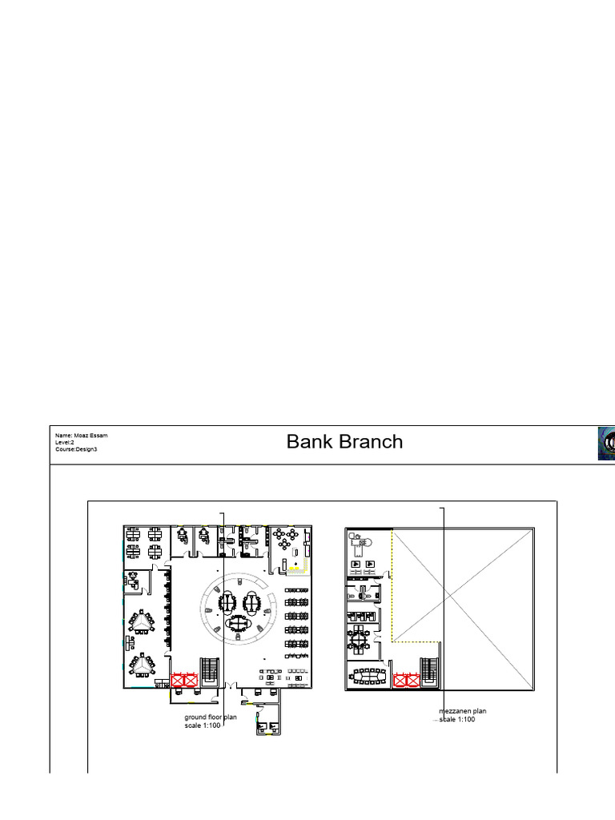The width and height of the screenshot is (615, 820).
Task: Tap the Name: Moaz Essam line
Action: [81, 436]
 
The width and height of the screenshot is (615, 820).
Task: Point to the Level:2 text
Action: [65, 442]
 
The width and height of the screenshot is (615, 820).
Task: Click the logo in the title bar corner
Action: [606, 443]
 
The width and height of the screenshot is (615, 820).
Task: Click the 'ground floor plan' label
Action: [211, 717]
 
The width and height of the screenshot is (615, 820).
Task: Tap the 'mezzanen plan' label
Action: [463, 711]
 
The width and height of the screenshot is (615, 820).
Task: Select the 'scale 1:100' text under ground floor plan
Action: [203, 726]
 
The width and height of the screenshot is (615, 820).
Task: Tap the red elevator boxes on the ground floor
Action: [185, 680]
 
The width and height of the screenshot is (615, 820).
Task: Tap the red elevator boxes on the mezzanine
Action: [406, 680]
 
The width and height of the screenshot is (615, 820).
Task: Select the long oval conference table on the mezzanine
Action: [368, 677]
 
